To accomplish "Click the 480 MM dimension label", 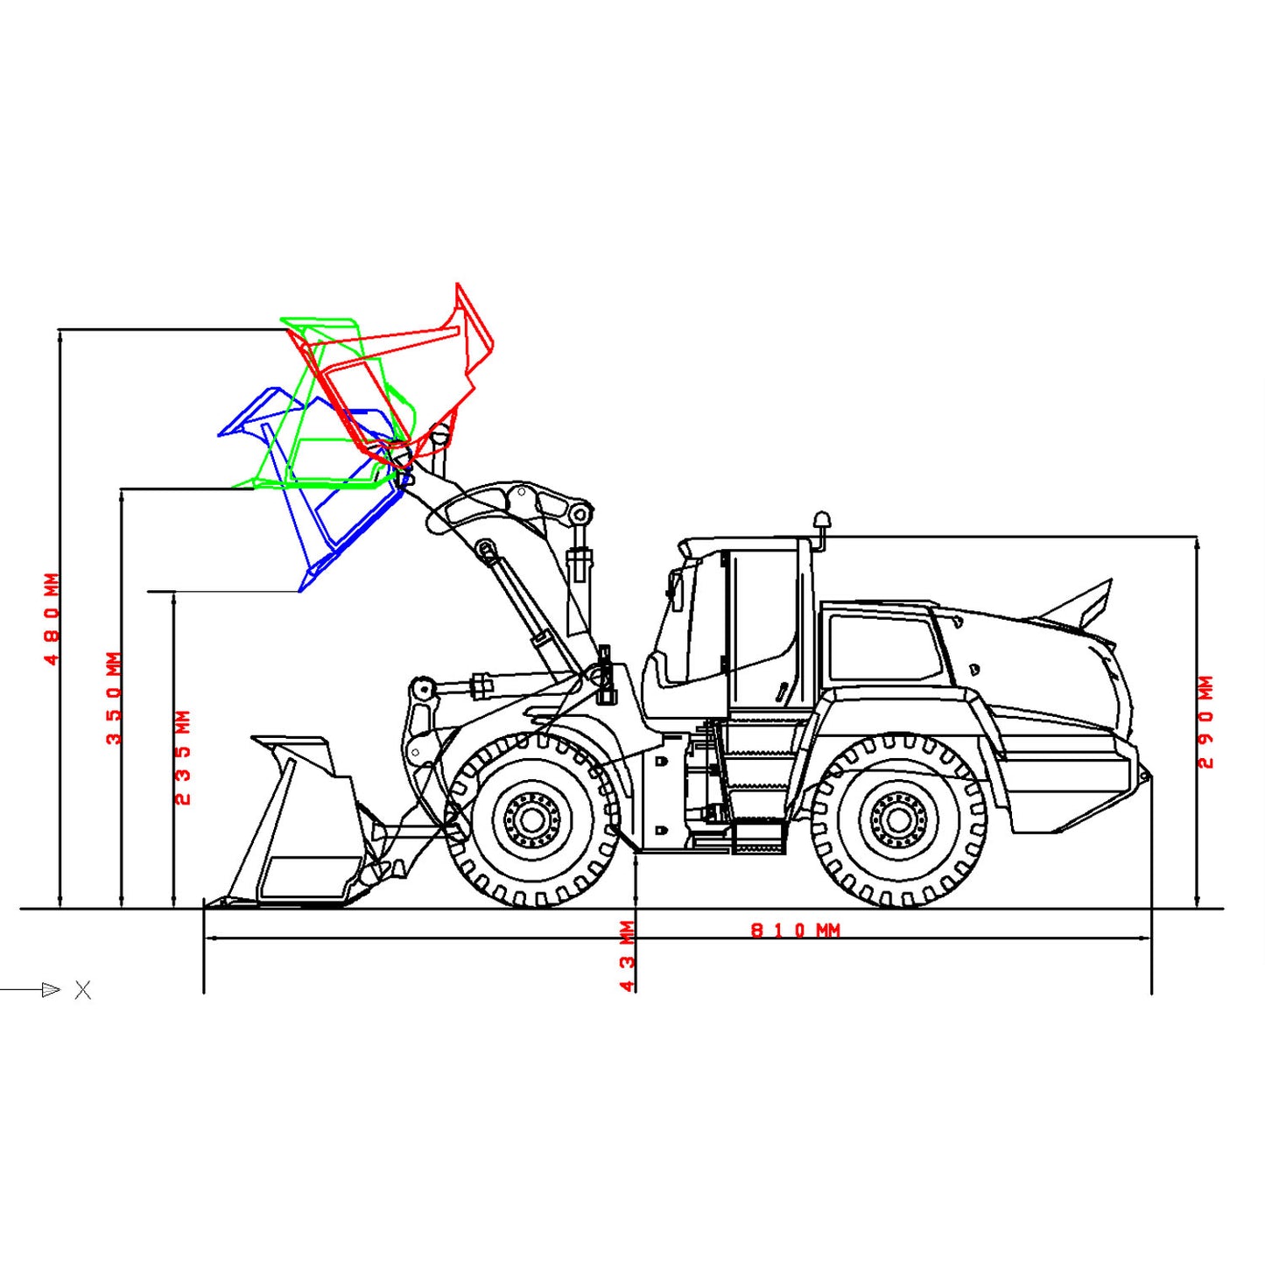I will coord(52,618).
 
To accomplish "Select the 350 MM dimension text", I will coord(114,698).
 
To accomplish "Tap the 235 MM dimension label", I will coord(182,757).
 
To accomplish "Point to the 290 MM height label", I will coord(1205,722).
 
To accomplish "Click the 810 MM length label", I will coord(795,930).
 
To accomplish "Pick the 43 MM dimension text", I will coord(627,956).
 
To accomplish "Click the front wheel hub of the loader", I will coord(531,819).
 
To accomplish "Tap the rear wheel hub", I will coord(897,820).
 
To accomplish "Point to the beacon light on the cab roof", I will coord(821,522).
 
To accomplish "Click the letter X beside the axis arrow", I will coord(83,990).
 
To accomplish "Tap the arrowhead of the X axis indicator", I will coord(51,990).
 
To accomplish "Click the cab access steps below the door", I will coord(757,788).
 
